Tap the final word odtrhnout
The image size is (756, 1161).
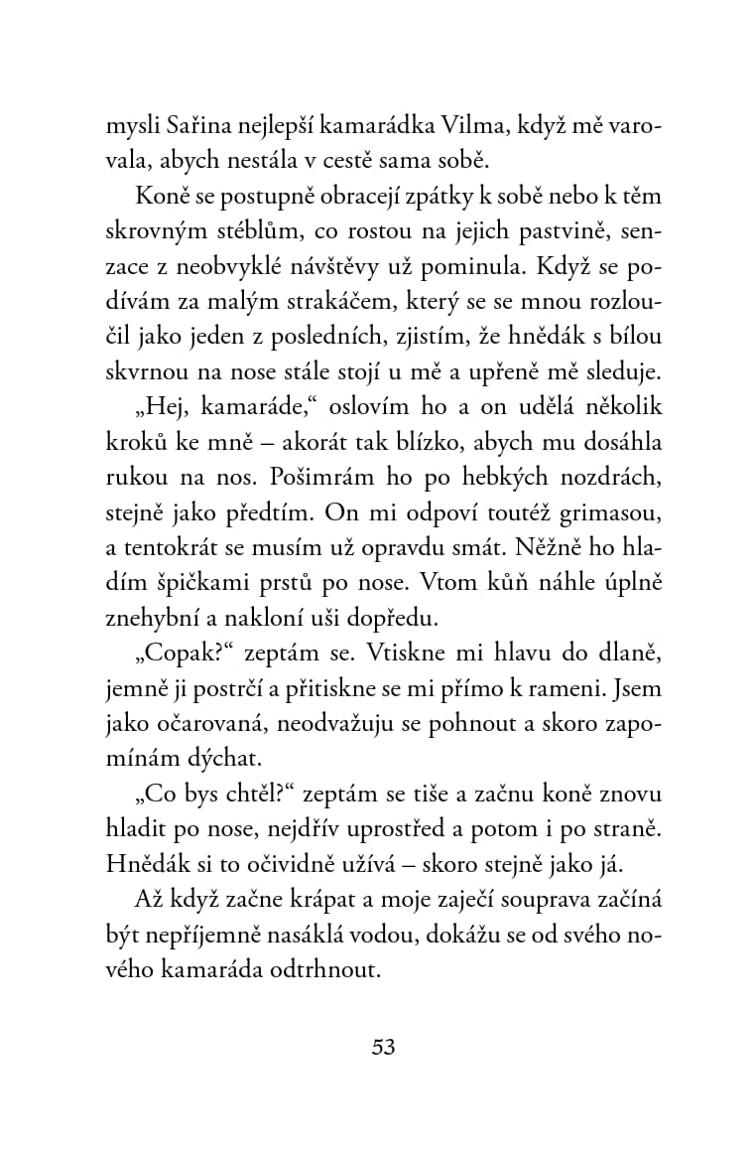click(x=328, y=970)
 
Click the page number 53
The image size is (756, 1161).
click(x=383, y=1047)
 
